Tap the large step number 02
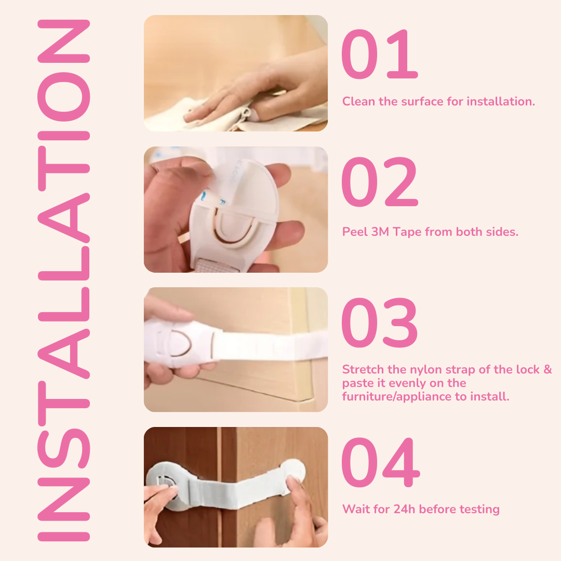(379, 183)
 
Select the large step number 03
(379, 323)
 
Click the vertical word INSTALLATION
(63, 280)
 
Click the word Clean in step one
(358, 101)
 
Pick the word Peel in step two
(354, 232)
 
